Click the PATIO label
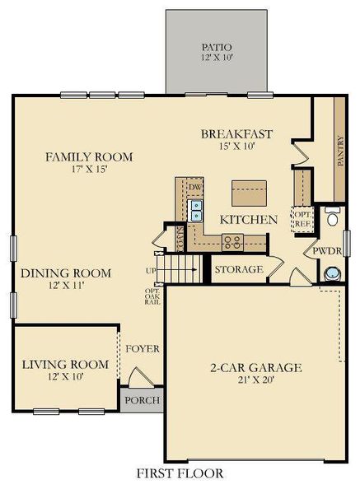coord(218,47)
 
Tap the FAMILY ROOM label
coord(89,156)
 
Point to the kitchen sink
coord(196,212)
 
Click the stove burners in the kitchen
coord(233,240)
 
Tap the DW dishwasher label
coord(195,187)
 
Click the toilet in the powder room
coord(332,218)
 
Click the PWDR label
coord(323,250)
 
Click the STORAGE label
coord(238,269)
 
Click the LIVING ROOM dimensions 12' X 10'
coord(65,376)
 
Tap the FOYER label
coord(142,348)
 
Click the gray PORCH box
coord(142,400)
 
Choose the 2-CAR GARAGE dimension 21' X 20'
coord(254,381)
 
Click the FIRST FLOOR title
coord(180,473)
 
